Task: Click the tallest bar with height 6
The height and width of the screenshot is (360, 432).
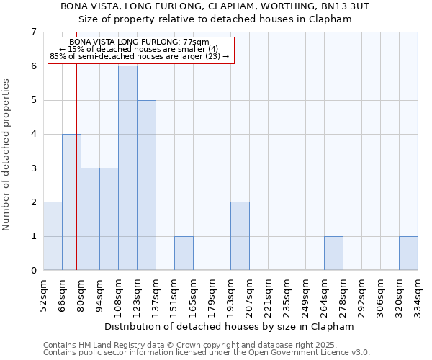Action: (x=127, y=168)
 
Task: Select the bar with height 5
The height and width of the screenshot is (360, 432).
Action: (x=146, y=185)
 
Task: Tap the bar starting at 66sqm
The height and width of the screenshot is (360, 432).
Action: (x=71, y=202)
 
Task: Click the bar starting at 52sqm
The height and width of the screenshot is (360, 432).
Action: (x=53, y=236)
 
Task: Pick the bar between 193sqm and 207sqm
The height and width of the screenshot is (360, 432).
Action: (x=240, y=236)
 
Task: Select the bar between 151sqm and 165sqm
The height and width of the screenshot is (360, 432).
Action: (x=184, y=253)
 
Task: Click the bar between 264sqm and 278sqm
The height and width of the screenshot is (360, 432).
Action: (x=333, y=253)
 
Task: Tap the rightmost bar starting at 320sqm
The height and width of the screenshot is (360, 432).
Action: (x=408, y=253)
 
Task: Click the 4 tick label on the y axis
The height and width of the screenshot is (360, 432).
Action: (x=33, y=134)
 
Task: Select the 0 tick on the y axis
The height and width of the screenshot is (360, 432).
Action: (x=33, y=271)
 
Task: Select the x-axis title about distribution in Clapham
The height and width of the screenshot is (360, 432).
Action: (x=229, y=326)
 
